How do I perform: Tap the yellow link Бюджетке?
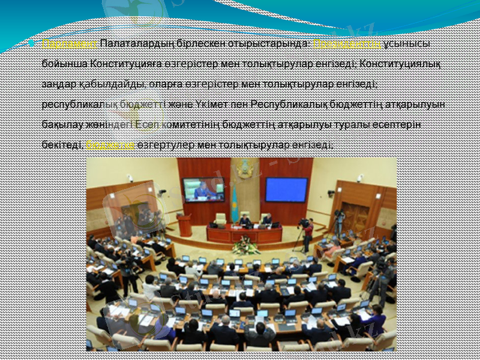[x=110, y=145]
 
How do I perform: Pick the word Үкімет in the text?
[x=212, y=104]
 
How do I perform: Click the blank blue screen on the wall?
[x=286, y=189]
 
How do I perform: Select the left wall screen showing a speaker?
[x=203, y=190]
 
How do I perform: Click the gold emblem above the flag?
[x=244, y=170]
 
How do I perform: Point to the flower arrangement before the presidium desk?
[x=245, y=247]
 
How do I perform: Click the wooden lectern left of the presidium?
[x=185, y=224]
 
